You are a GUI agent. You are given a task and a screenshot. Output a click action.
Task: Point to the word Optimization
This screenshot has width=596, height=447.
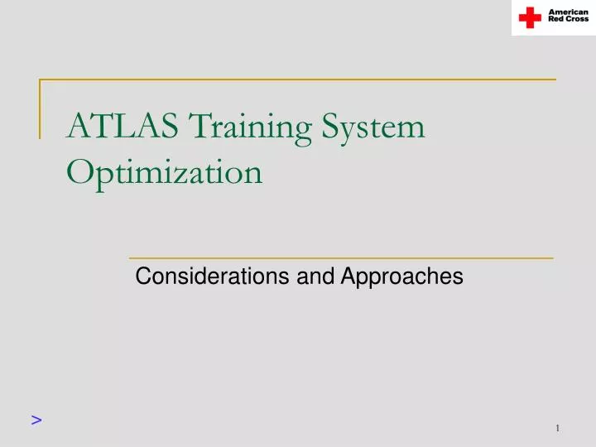pyautogui.click(x=165, y=173)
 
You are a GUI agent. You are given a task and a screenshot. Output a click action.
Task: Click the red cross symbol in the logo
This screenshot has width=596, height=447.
pyautogui.click(x=530, y=17)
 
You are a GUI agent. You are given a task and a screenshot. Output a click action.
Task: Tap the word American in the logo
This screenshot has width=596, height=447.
pyautogui.click(x=570, y=12)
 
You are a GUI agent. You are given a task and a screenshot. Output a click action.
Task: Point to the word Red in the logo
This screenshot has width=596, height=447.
pyautogui.click(x=558, y=20)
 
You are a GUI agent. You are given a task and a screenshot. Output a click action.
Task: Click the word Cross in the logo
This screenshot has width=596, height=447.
pyautogui.click(x=578, y=20)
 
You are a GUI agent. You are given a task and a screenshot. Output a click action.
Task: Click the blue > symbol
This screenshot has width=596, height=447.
pyautogui.click(x=36, y=420)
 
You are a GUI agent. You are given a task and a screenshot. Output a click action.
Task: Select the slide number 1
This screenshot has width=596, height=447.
pyautogui.click(x=559, y=428)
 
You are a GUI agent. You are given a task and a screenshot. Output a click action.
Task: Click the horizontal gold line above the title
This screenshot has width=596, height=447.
pyautogui.click(x=298, y=80)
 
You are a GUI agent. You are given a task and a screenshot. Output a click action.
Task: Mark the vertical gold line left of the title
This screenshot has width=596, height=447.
pyautogui.click(x=41, y=108)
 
